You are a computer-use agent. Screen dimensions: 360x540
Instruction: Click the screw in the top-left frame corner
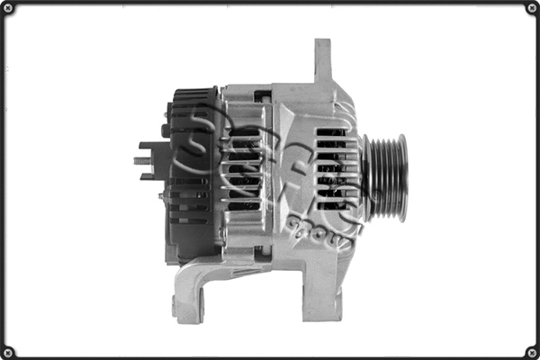coord(9,9)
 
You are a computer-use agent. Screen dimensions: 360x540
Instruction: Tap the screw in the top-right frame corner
coord(531,9)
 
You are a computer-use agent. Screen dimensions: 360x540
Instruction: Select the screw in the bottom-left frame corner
coord(9,351)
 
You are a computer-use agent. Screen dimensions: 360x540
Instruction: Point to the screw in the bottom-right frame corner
coord(531,351)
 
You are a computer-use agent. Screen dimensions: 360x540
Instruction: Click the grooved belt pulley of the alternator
coord(385,177)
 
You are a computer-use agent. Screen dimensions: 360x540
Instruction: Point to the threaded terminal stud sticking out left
coord(142,161)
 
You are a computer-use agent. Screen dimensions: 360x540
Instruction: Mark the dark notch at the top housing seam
coord(262,94)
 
